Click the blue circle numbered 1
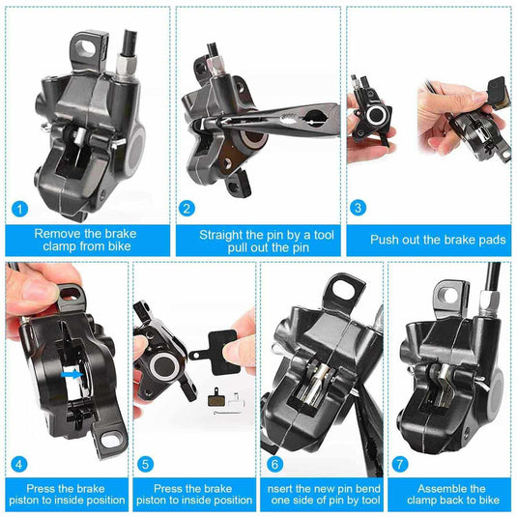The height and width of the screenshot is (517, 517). point(19,209)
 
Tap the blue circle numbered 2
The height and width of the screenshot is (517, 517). point(187,209)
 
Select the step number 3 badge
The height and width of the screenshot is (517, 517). point(358,208)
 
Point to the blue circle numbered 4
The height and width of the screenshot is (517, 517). point(19,464)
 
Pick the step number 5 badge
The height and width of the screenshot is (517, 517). point(145,464)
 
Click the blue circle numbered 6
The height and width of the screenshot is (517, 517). point(274,464)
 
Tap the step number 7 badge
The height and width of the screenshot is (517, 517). point(400,464)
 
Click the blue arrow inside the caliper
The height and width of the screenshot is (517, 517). point(72,374)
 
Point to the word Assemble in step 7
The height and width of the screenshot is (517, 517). point(441,488)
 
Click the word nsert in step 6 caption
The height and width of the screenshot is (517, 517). point(280,488)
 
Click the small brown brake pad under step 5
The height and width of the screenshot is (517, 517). point(215,397)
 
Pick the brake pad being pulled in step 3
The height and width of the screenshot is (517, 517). point(499,93)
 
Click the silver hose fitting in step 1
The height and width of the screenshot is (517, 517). point(127,66)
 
